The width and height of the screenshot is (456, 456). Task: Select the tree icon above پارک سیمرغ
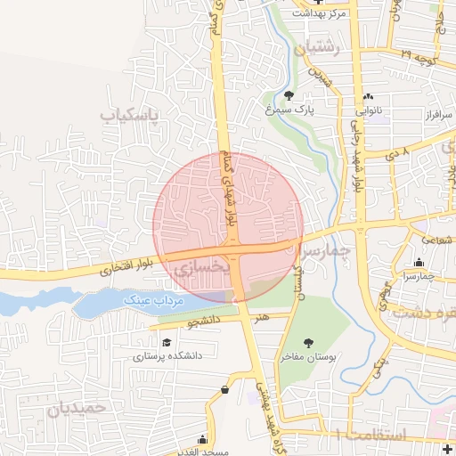(289, 95)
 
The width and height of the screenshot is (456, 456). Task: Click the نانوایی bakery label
(368, 112)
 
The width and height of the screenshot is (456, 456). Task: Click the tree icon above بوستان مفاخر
(308, 343)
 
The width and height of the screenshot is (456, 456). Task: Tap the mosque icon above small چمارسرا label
(419, 262)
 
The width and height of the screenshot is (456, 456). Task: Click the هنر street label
(260, 314)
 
